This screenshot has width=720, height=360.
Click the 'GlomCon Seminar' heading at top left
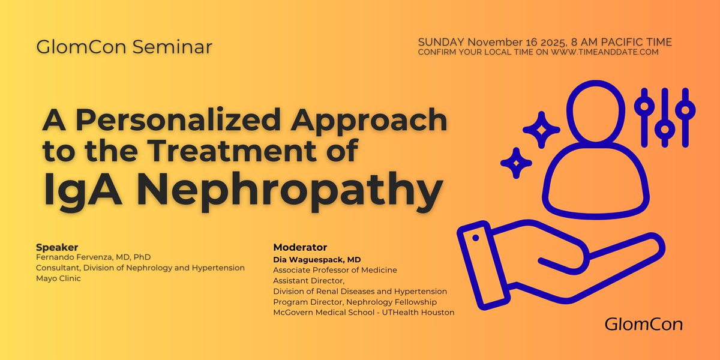coord(124,47)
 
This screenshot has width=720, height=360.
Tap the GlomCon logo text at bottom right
coord(643,325)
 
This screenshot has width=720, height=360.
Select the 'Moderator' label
coord(300,247)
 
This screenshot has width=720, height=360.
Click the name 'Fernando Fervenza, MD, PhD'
coord(93,257)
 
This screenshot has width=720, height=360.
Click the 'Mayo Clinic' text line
coord(58,278)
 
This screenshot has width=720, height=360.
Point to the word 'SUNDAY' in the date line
coord(440,42)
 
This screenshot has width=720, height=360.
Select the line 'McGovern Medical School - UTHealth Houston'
coord(364,312)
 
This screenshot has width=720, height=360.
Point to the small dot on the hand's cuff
coord(476,238)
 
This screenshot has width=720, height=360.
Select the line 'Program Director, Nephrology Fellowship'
coord(355,302)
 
